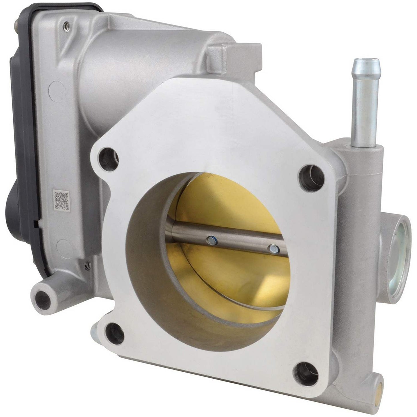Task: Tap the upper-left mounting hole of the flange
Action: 109,158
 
